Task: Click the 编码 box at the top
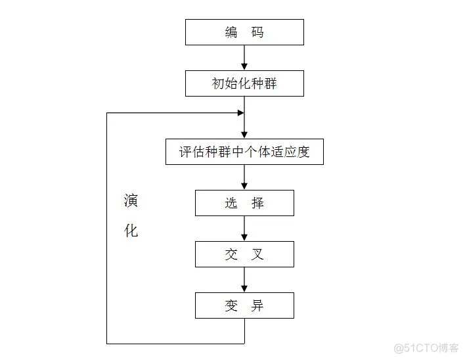[244, 32]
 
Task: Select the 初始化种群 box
[244, 84]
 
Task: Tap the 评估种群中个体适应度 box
[244, 152]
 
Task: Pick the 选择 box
[244, 203]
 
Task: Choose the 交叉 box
[244, 254]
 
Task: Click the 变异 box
[244, 305]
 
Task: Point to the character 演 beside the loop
[131, 200]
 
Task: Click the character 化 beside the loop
[131, 231]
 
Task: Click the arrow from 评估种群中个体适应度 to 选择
[244, 177]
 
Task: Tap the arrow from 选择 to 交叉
[244, 229]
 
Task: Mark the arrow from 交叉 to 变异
[244, 280]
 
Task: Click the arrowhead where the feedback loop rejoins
[240, 113]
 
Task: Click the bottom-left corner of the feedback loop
[107, 343]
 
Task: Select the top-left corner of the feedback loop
[107, 113]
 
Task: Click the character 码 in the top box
[257, 32]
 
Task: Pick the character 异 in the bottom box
[257, 305]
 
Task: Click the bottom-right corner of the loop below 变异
[244, 343]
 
